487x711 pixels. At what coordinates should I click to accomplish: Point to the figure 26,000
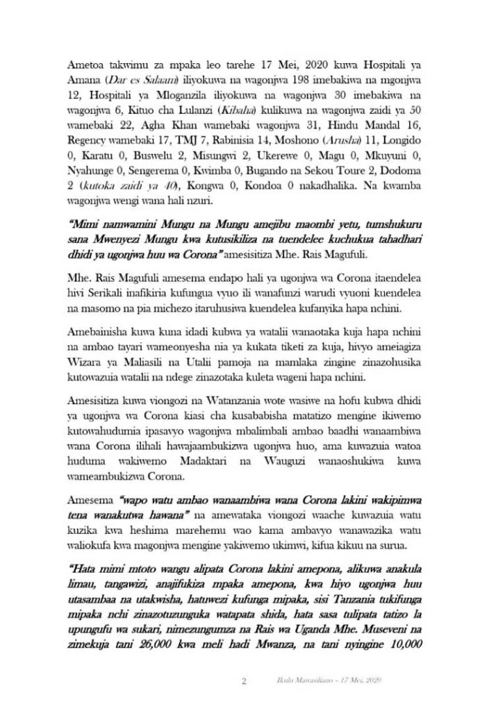pyautogui.click(x=156, y=653)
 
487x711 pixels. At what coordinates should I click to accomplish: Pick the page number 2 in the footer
pyautogui.click(x=244, y=682)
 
